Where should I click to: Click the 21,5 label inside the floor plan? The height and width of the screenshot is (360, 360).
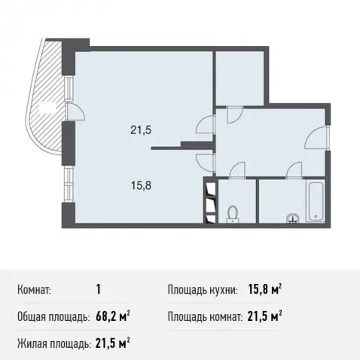pos(141,130)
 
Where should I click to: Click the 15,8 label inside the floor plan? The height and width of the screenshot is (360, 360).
pos(141,186)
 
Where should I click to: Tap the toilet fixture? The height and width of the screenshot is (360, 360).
pos(233,214)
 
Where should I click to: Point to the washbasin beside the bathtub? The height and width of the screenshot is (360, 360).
pos(292,218)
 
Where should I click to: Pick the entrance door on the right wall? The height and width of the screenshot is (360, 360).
pos(317,139)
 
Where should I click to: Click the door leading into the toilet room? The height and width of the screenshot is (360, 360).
pos(236,170)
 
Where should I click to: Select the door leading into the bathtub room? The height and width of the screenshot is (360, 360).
pos(294,170)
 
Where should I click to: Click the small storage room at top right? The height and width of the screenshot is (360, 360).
pos(240,78)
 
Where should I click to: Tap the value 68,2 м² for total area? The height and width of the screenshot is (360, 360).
pos(113,317)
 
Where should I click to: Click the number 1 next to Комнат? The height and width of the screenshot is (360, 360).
pos(99,290)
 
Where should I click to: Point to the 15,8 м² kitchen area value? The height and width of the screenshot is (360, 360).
pos(264,290)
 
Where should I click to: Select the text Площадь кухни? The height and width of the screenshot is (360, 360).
pos(203,290)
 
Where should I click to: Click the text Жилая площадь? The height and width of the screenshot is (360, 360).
pos(54,344)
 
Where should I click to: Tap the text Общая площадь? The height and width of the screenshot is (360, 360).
pos(53,317)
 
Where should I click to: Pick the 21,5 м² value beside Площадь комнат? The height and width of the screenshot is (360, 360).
pos(264,317)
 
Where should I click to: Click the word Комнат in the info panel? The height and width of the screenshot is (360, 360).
pos(34,290)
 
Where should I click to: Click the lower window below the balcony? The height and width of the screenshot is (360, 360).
pos(68,184)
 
